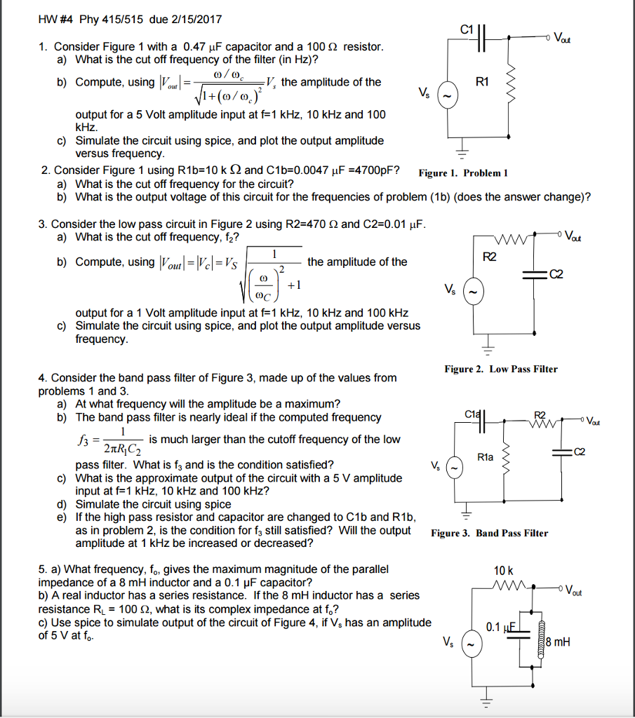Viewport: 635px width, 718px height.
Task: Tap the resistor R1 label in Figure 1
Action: [x=482, y=81]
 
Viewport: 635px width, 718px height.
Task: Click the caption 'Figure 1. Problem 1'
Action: [x=462, y=173]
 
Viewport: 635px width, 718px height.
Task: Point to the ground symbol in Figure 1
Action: [x=462, y=152]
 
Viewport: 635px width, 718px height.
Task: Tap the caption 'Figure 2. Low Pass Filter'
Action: [x=501, y=369]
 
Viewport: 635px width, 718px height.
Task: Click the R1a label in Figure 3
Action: [x=485, y=457]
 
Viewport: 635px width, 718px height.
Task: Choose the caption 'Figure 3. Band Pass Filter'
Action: [x=490, y=533]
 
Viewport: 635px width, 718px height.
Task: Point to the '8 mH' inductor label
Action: [x=558, y=640]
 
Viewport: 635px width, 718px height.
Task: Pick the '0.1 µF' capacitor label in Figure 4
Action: [x=503, y=627]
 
